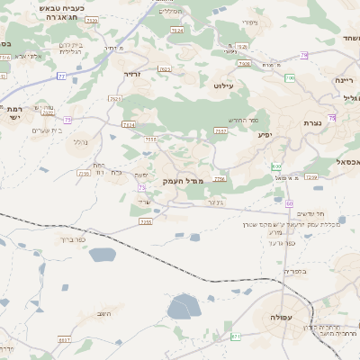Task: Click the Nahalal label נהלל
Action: point(80,142)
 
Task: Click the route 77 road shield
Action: point(61,77)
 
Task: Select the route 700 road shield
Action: point(290,78)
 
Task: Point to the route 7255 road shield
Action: point(146,221)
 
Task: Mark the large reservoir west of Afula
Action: point(184,307)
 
